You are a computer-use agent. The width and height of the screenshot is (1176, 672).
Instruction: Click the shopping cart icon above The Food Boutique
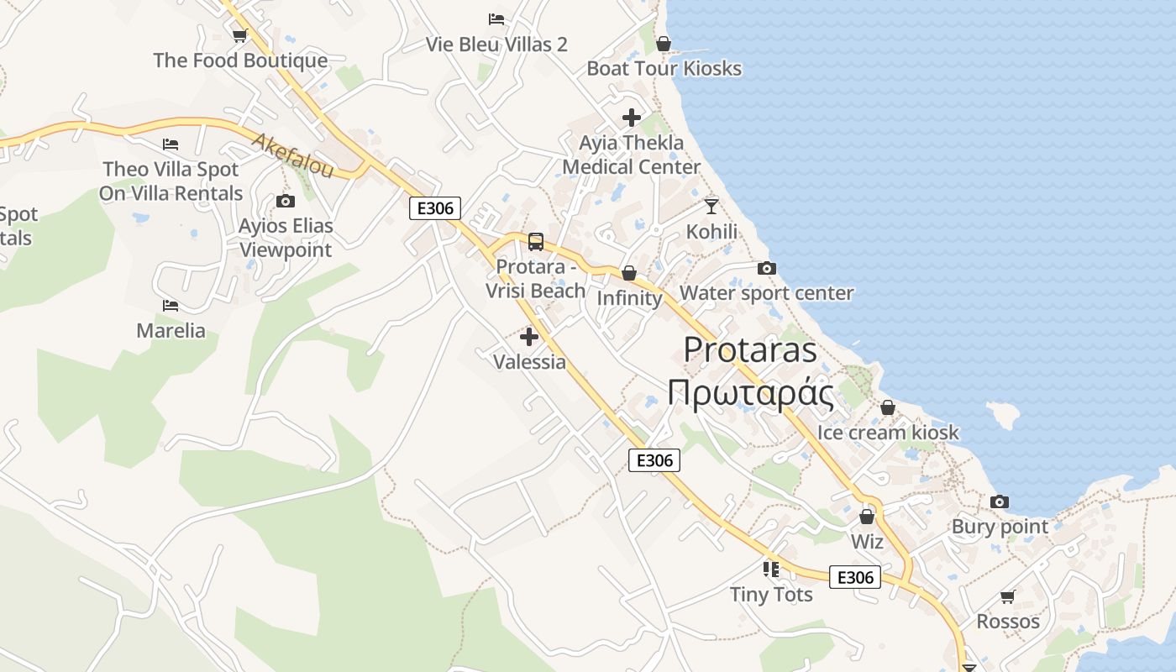coord(239,35)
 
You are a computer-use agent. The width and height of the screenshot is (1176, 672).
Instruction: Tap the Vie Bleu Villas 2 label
coord(496,45)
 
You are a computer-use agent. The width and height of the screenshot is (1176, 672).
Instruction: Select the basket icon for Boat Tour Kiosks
coord(664,44)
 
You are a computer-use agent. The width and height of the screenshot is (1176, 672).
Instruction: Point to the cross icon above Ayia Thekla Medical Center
coord(632,118)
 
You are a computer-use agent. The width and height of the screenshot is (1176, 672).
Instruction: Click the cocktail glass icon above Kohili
coord(711,206)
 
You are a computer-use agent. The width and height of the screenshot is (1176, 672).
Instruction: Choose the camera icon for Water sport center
coord(766,269)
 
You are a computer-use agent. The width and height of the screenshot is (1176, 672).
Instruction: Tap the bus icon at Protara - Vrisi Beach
coord(536,242)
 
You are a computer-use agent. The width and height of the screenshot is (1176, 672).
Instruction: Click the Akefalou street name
coord(291,155)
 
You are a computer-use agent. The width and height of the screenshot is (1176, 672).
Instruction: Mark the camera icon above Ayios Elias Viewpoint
coord(286,202)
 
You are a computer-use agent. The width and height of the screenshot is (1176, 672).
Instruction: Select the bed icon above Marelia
coord(171,305)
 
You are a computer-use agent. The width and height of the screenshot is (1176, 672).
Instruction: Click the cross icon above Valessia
coord(529,337)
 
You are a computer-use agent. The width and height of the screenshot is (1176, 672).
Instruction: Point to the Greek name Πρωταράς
coord(750,392)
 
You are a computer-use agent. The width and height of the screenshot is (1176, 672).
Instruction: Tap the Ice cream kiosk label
coord(888,433)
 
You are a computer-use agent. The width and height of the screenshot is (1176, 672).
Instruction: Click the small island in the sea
coord(1001,414)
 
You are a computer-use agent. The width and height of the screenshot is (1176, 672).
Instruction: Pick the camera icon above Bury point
coord(1000,502)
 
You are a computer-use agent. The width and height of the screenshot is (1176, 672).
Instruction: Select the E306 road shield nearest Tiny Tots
coord(855,577)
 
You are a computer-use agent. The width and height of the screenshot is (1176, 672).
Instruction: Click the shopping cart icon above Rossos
coord(1007,597)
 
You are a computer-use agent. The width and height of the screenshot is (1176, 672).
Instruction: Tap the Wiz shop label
coord(867,542)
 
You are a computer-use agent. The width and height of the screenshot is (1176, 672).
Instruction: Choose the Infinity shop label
coord(629,298)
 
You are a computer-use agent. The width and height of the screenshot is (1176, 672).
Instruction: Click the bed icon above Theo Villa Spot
coord(171,144)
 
